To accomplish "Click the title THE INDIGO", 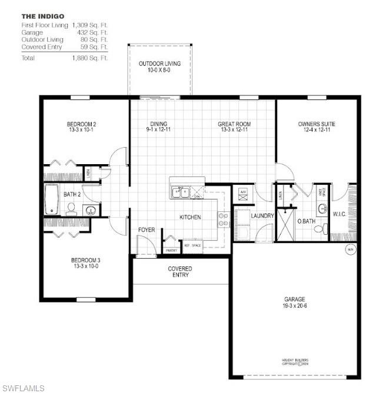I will point(43,16).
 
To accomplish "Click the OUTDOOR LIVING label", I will point(159,64).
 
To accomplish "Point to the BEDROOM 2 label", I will point(81,124).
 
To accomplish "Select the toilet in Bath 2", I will point(72,208).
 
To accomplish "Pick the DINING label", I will point(158,124).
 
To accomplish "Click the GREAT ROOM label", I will point(234,124).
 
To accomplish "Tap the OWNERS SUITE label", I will point(317,124).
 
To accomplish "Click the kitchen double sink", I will point(180,192).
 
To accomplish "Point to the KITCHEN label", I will point(190,217).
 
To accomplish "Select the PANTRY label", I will point(171,251).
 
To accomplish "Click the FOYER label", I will point(147,229).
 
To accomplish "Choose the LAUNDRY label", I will point(262,216).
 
